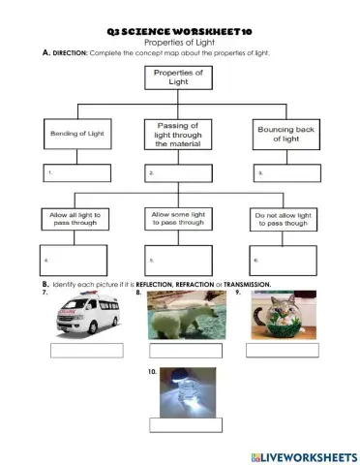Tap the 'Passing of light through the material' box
(x=178, y=134)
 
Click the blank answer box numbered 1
(x=75, y=174)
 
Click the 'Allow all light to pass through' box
(x=75, y=218)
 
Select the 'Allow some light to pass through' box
(x=178, y=218)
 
